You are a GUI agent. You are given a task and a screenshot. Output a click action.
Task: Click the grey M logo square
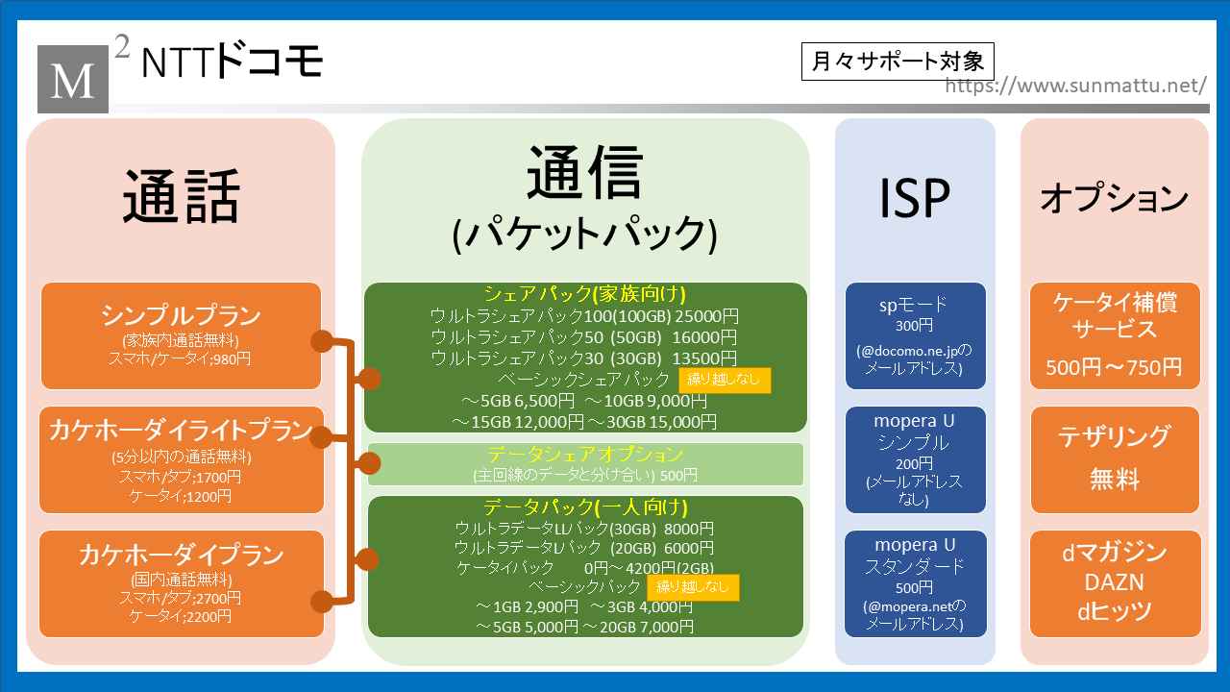coord(73,78)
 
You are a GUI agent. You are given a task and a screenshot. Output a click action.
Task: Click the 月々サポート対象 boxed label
coord(897,62)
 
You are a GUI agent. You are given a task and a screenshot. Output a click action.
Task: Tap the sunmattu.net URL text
coord(1075,86)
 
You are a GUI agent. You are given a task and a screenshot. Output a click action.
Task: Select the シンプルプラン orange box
coord(181,335)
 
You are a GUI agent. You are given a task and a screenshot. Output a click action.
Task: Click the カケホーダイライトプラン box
coord(181,459)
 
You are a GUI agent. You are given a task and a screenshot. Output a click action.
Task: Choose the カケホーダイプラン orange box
coord(181,583)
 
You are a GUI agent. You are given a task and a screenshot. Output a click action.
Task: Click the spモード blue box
coord(915,335)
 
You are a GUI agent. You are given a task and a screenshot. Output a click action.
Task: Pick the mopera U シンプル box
coord(915,459)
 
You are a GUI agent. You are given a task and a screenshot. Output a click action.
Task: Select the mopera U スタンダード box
coord(915,583)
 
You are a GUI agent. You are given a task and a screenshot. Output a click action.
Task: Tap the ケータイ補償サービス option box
coord(1115,335)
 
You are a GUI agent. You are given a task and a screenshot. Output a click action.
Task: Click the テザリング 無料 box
coord(1115,459)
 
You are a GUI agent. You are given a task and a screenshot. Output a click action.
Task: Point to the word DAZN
coord(1115,582)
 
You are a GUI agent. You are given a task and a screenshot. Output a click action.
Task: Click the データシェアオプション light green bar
coord(585,463)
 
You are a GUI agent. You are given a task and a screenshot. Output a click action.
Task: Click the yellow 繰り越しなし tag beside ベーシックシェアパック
coord(725,380)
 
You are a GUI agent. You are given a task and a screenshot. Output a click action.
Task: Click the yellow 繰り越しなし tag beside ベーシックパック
coord(693,587)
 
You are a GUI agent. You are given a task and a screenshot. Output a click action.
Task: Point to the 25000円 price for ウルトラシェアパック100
coord(705,315)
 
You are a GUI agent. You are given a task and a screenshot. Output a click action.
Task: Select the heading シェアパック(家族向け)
coord(584,294)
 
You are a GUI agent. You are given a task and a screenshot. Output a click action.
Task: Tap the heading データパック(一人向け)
coord(584,507)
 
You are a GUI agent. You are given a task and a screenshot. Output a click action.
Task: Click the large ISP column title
coord(914,198)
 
